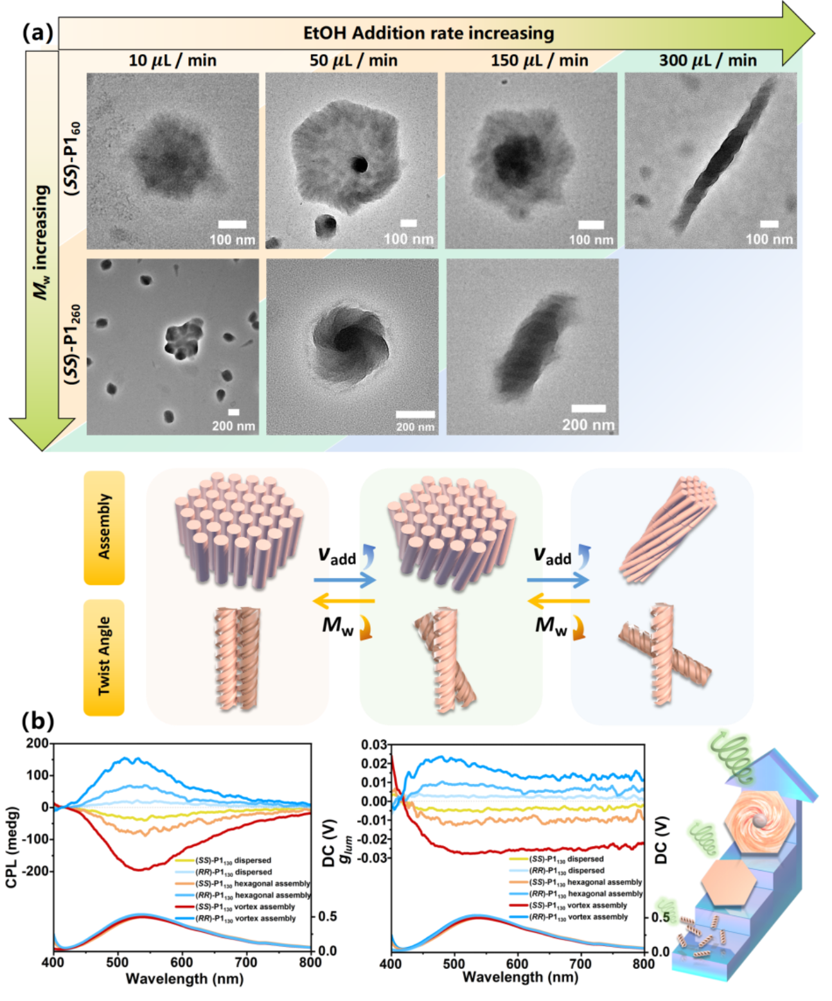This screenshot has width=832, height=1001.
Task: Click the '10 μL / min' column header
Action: [x=172, y=60]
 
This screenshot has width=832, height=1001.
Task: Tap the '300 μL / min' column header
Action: [x=707, y=60]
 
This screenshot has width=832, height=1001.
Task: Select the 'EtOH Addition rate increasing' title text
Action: [x=429, y=33]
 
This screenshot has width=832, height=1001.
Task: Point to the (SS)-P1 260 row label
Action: [x=73, y=344]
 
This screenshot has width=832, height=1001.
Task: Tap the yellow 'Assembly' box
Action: [x=104, y=527]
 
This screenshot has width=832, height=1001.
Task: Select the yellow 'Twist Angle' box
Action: [x=104, y=657]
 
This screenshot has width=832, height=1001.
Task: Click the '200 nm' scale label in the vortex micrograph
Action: [x=415, y=427]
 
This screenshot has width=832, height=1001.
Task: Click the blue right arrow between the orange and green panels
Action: [x=345, y=580]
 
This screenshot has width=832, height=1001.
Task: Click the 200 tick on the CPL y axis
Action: [x=37, y=743]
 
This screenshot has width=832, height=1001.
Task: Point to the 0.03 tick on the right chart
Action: [x=375, y=745]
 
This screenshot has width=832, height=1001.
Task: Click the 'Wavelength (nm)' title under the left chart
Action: [x=184, y=979]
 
